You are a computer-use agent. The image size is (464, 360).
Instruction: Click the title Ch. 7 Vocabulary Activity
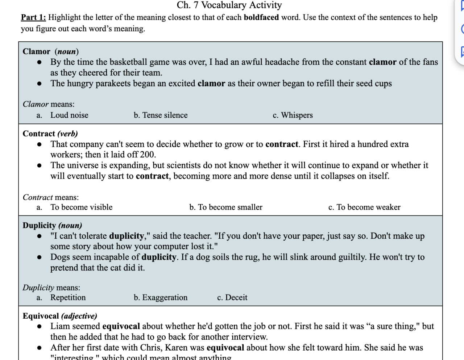tap(229, 5)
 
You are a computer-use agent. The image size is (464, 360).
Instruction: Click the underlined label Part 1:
tap(33, 17)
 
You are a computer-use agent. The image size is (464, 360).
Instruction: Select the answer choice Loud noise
tap(69, 115)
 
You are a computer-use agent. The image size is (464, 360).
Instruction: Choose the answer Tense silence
tap(165, 115)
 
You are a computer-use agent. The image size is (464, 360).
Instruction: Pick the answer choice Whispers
tap(297, 115)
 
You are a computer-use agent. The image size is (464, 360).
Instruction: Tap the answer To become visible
tap(81, 207)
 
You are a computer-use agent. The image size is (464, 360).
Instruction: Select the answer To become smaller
tap(230, 207)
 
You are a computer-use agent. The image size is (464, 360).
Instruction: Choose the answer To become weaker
tap(368, 207)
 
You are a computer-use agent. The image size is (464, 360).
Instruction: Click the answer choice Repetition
tap(68, 297)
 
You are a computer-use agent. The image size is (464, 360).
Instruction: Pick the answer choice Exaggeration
tap(165, 297)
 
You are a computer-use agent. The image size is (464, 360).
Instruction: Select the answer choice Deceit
tap(236, 297)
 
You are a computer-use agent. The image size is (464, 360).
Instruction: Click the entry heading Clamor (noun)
tap(50, 51)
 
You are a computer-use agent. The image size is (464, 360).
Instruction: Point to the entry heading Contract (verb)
tap(50, 134)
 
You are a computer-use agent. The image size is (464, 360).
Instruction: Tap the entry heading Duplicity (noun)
tap(52, 225)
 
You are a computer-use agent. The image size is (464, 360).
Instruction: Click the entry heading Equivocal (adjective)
tap(60, 316)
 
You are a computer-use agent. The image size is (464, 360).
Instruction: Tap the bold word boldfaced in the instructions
tap(261, 17)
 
